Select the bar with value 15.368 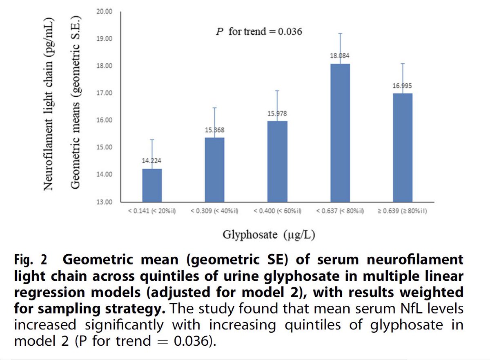[x=214, y=169]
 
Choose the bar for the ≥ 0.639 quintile [x=403, y=147]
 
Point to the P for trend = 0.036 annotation [x=258, y=31]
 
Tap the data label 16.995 [x=403, y=86]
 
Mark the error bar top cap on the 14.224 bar [x=152, y=140]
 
